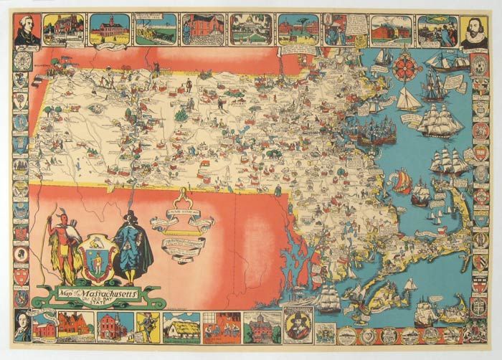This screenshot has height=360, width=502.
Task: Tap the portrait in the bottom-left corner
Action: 24,327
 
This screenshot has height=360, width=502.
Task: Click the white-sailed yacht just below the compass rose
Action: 409,99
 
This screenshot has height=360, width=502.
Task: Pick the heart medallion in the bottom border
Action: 370,336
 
